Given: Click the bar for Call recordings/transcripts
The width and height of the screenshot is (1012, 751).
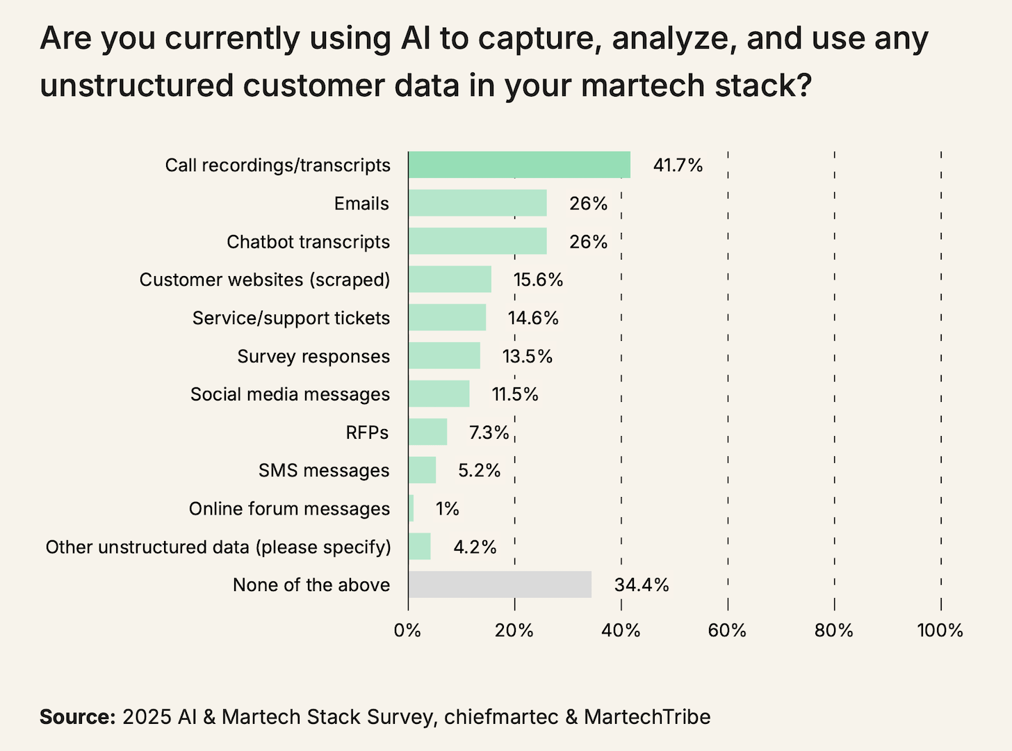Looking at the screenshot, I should coord(519,165).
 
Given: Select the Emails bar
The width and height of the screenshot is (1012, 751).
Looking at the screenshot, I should coord(478,203).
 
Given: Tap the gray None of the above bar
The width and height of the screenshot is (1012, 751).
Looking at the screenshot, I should coord(500,585).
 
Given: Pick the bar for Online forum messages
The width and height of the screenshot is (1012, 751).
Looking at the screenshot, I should coord(411,508).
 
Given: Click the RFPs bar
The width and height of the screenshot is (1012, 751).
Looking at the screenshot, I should coord(427,432).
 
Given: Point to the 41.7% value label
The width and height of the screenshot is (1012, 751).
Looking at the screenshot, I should coord(678,165).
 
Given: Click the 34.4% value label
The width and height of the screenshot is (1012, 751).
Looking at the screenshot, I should coord(641,585).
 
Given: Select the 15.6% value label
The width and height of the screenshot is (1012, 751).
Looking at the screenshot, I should coord(538,280).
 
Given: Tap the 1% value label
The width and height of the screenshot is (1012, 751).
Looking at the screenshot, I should coord(447,508).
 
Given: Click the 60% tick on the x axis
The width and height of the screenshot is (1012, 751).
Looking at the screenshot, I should coord(727,631).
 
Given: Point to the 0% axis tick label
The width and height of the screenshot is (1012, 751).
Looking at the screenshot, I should coord(407,631).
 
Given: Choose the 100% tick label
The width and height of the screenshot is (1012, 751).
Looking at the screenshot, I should coord(940,631).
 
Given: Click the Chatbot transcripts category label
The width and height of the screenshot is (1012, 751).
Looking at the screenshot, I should coord(308,241).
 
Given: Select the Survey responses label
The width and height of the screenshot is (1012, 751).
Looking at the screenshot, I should coord(313,356).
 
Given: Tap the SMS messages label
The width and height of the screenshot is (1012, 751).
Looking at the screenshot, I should coord(324,470).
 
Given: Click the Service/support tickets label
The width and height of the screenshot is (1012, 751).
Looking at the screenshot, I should coord(291,318).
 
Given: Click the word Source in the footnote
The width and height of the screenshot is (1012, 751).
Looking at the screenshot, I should coord(77,717).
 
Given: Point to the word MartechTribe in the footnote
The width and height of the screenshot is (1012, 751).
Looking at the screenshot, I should coord(647,717).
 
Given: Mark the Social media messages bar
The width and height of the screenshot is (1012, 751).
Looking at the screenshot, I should coord(439,394).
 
